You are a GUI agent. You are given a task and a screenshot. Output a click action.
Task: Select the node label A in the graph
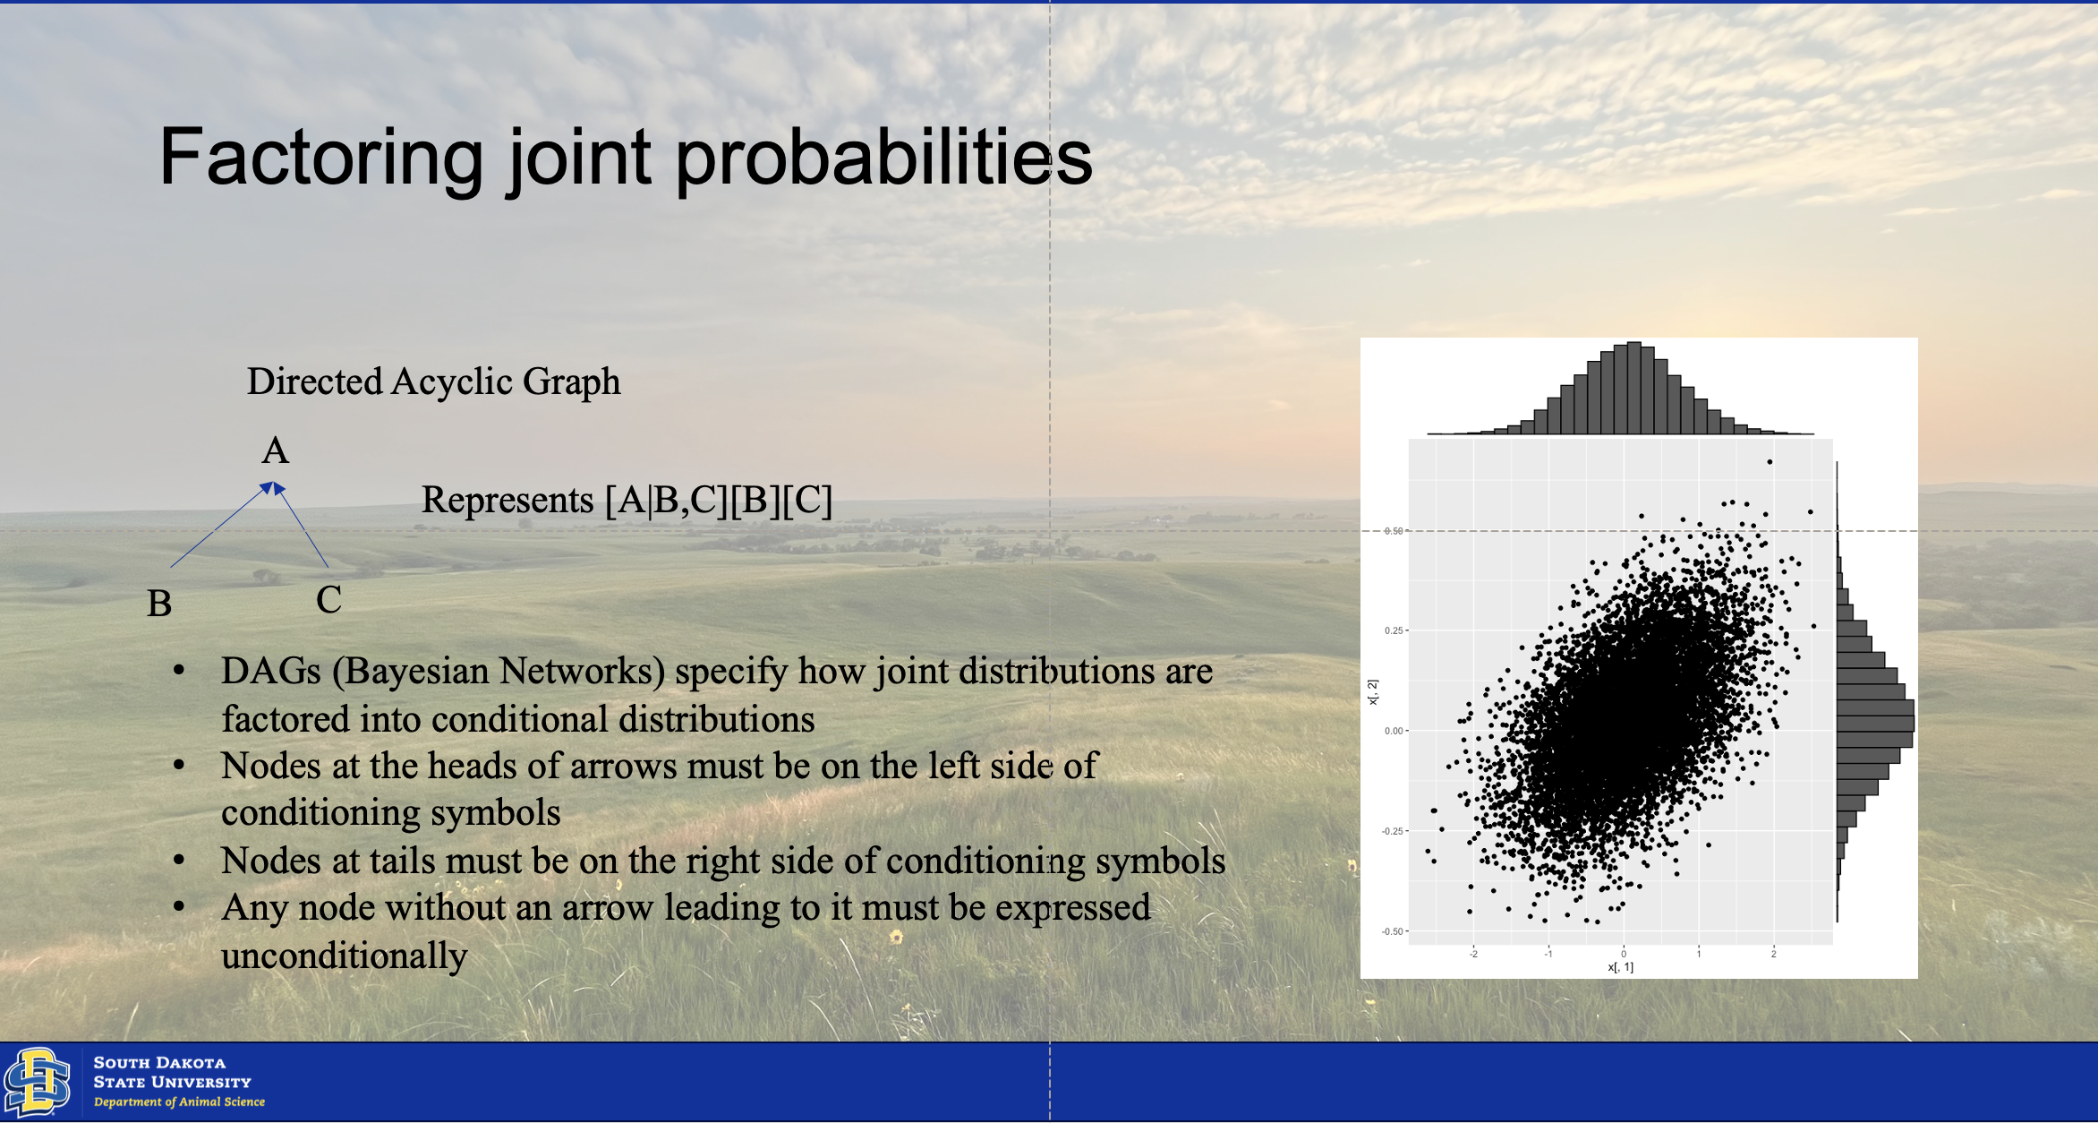(276, 450)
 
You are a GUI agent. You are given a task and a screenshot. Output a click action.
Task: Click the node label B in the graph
(159, 604)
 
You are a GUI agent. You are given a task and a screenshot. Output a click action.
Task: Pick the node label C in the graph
(328, 599)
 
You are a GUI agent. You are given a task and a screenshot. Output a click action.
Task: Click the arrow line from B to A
(221, 526)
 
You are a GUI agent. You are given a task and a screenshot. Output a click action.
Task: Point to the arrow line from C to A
(302, 526)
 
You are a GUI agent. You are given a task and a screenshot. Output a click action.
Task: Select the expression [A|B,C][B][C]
(719, 500)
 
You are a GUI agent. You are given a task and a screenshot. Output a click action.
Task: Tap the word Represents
(507, 501)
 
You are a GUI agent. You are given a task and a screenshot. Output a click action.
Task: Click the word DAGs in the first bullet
(271, 671)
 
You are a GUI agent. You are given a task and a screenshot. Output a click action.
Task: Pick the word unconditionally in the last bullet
(345, 956)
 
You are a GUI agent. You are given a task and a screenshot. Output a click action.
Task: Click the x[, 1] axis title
(1620, 967)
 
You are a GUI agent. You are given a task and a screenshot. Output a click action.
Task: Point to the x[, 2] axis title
(1373, 691)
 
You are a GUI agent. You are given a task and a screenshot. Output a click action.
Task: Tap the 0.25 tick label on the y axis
(1394, 630)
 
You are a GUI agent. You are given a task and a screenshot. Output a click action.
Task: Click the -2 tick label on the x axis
(1473, 954)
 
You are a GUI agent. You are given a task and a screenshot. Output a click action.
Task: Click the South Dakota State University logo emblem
(38, 1082)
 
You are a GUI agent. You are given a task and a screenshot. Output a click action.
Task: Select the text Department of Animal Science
(179, 1102)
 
